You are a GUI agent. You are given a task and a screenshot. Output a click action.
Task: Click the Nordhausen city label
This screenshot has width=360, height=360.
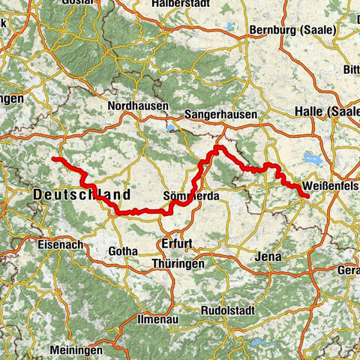[x=138, y=106]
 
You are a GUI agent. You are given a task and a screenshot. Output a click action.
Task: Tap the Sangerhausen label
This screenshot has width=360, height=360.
[x=221, y=115]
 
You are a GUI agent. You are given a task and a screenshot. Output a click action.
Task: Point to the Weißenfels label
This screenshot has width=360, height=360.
[x=331, y=186]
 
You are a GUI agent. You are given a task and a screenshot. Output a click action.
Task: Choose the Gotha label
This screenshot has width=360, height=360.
[x=124, y=250]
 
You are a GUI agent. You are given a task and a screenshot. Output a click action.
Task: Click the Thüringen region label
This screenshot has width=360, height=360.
[x=178, y=264]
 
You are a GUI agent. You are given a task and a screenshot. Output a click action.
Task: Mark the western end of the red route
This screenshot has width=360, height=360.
[x=55, y=160]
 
